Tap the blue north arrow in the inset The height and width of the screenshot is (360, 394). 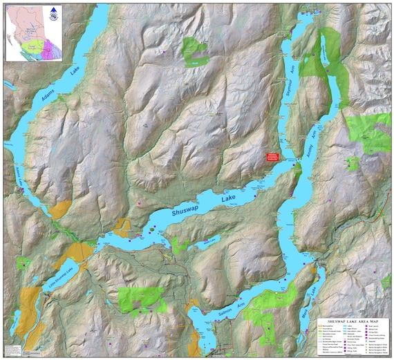tap(54, 10)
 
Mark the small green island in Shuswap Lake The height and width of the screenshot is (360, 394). tap(151, 225)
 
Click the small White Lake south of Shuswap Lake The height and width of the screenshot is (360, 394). tap(209, 241)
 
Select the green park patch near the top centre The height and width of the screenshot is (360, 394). tap(194, 50)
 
